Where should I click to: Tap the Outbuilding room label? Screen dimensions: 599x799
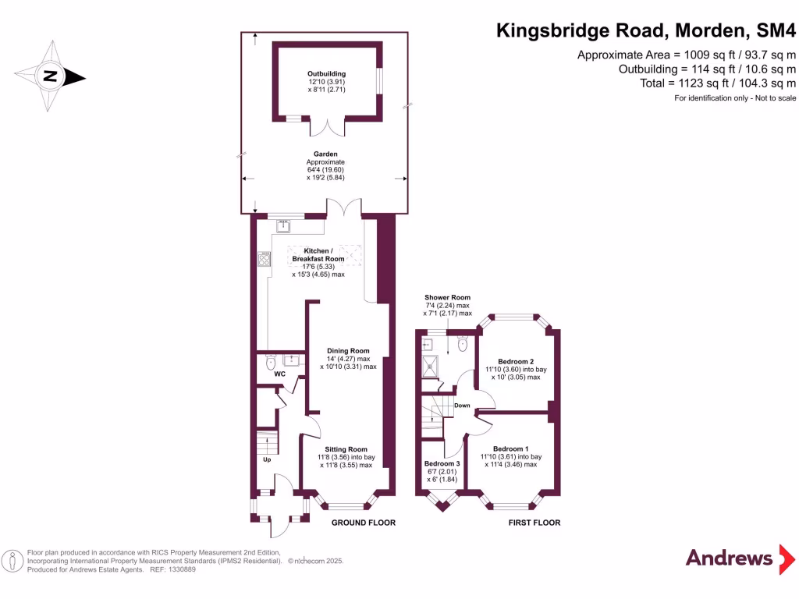(x=326, y=74)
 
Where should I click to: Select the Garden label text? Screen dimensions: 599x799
(x=325, y=154)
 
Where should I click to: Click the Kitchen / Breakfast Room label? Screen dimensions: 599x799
(x=318, y=254)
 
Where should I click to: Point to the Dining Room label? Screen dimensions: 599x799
(x=348, y=351)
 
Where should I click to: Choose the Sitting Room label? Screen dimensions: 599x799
(x=346, y=449)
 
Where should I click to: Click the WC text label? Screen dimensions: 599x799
(x=279, y=374)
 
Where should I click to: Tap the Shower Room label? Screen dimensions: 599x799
(x=447, y=298)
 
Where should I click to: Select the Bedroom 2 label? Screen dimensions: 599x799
(x=516, y=361)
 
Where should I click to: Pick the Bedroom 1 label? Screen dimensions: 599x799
(x=510, y=448)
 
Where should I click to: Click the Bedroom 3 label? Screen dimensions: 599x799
(x=442, y=463)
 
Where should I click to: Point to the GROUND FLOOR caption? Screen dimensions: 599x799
(x=363, y=523)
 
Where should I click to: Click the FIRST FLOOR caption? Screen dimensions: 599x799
(x=534, y=523)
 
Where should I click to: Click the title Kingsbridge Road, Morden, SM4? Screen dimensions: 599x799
(x=646, y=31)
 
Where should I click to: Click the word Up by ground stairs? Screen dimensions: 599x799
(x=267, y=459)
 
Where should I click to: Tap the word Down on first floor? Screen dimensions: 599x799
(x=462, y=406)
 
